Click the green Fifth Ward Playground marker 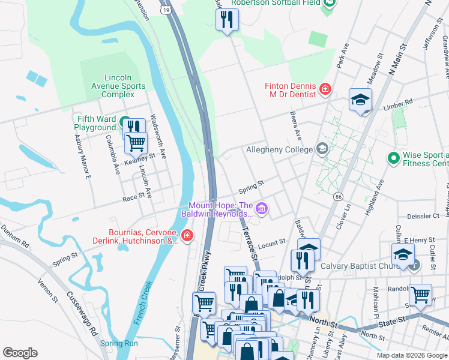(x=125, y=122)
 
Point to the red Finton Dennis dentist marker (x=325, y=89)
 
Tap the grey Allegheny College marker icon (x=322, y=149)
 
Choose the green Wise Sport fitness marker (x=394, y=158)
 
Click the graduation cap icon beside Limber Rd (x=360, y=100)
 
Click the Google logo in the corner (x=20, y=353)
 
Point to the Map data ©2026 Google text (x=411, y=355)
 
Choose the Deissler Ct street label (x=424, y=215)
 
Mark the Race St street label (x=134, y=195)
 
